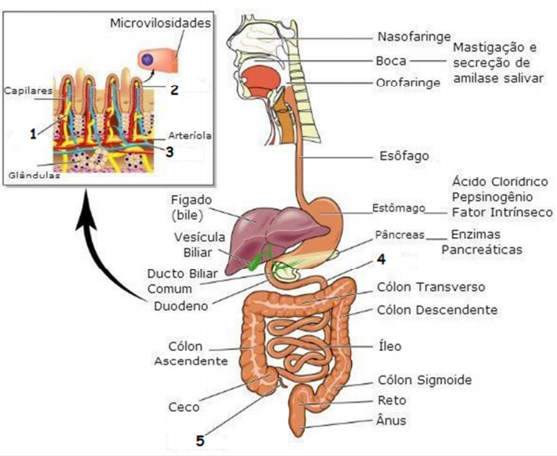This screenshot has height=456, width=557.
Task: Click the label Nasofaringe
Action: point(410,36)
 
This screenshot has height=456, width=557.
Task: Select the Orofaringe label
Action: point(409,83)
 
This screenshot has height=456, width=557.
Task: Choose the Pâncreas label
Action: point(401,235)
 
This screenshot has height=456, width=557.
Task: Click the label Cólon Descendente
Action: point(437,309)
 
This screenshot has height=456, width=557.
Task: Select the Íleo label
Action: point(389,346)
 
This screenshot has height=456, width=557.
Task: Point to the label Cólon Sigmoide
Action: point(425,380)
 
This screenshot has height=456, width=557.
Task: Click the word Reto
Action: point(392,400)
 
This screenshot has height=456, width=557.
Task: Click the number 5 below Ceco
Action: point(200,441)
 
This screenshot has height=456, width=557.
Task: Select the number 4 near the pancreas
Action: point(380,260)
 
